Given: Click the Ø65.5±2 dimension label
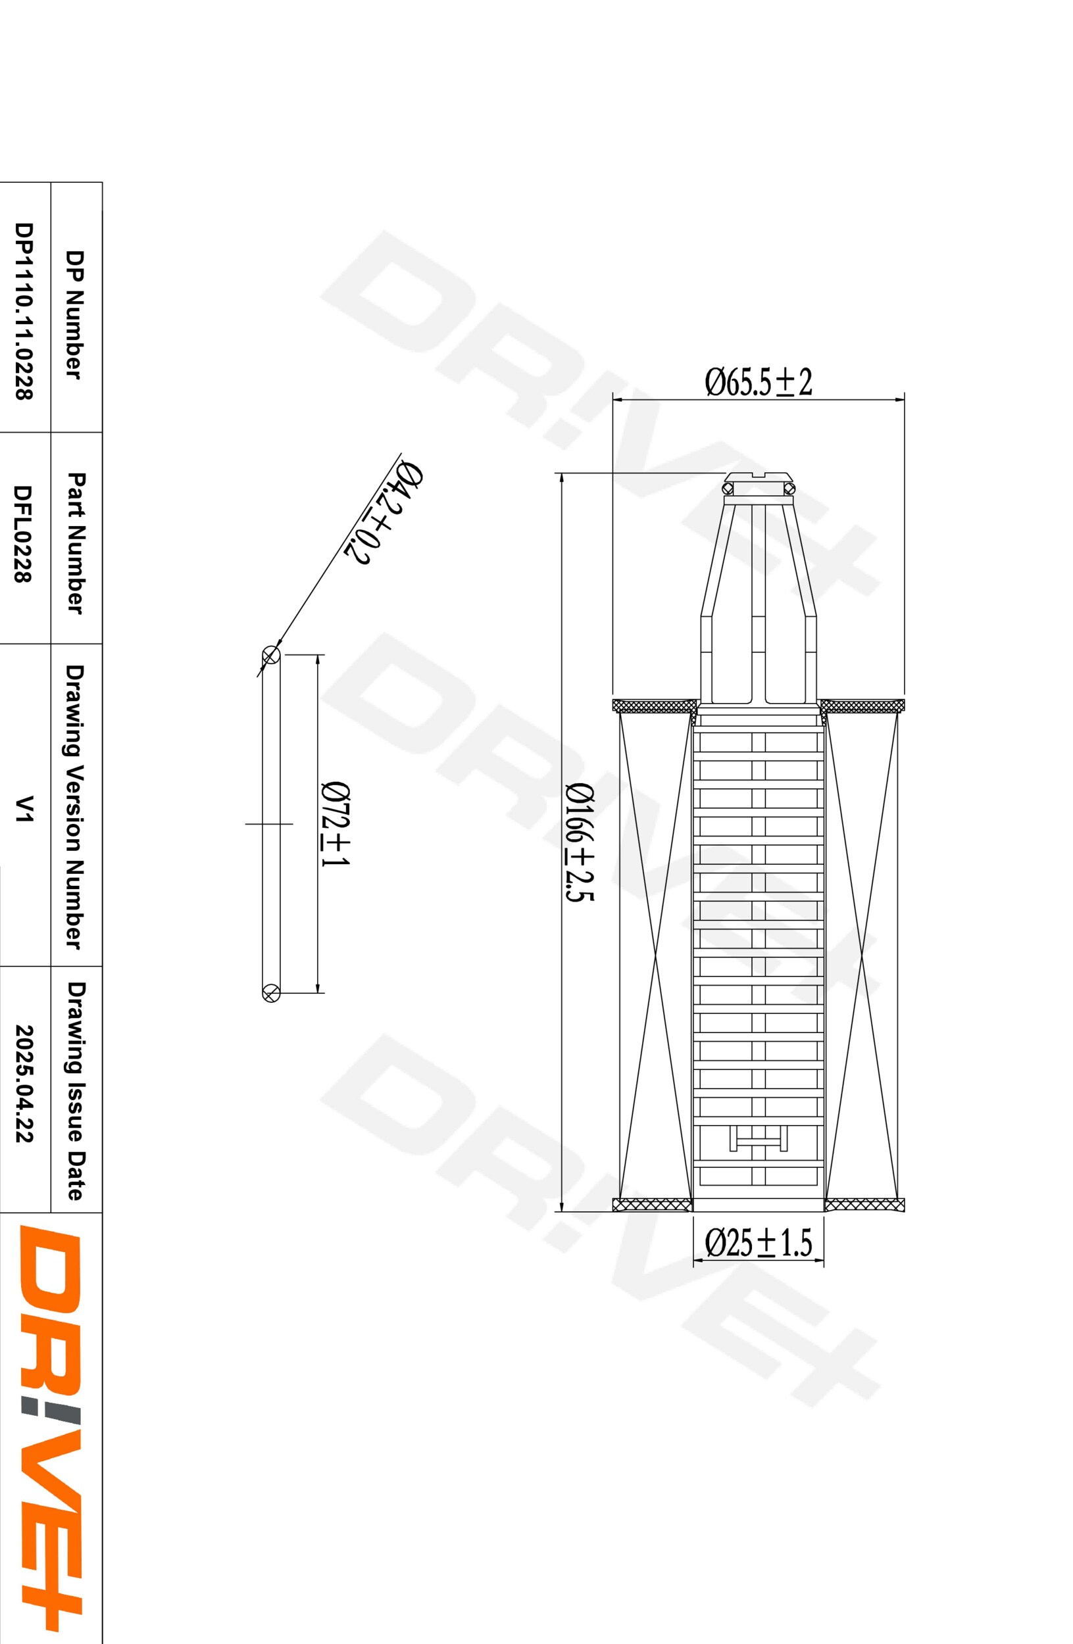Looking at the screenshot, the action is pos(758,382).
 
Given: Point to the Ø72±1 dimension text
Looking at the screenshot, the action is pos(336,824).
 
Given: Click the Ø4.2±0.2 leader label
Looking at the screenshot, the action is pos(384,512).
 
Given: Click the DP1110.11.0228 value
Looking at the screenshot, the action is pos(24,311).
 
